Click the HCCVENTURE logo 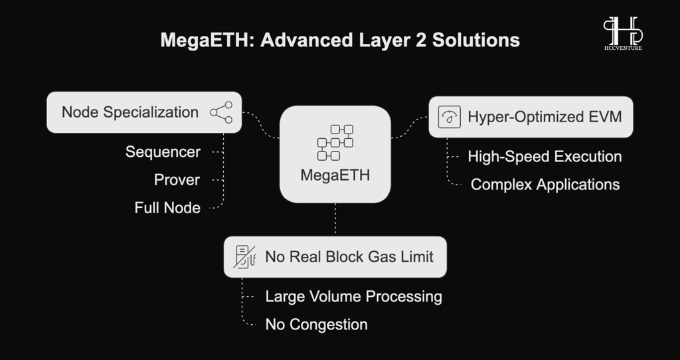(x=623, y=33)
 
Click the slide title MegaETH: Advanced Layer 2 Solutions (x=340, y=41)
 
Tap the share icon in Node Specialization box (x=221, y=112)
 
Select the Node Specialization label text (x=129, y=112)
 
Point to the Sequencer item (x=163, y=152)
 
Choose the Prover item (x=177, y=180)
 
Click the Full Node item (x=167, y=208)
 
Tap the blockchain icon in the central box (x=335, y=142)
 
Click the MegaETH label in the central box (x=335, y=175)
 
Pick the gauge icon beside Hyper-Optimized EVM (x=450, y=117)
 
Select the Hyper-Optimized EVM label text (x=545, y=117)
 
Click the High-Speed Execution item (x=545, y=157)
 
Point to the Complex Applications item (x=545, y=185)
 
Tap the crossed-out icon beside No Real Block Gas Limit (x=244, y=257)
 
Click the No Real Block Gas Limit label (x=349, y=257)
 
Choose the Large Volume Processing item (x=353, y=297)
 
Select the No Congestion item (x=317, y=324)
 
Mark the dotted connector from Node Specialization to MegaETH (x=260, y=126)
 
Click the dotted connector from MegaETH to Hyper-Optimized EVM (x=409, y=128)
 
